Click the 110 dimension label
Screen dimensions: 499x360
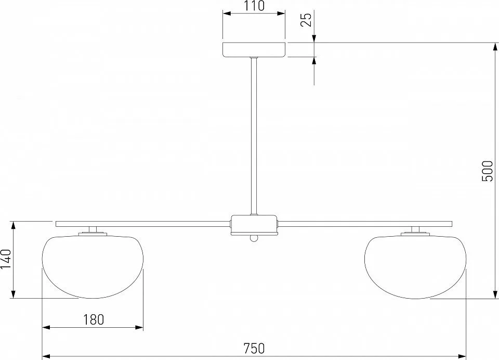coord(254,6)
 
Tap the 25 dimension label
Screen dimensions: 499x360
coord(306,19)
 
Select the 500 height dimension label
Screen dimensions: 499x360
coord(487,171)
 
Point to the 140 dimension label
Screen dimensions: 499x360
coord(6,259)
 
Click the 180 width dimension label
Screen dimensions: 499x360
coord(94,319)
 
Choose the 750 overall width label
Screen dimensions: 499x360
coord(254,349)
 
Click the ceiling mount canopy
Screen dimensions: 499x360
coord(254,50)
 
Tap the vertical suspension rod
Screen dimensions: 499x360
coord(254,136)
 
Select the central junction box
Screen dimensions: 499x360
coord(254,224)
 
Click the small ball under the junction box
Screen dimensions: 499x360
coord(254,238)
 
